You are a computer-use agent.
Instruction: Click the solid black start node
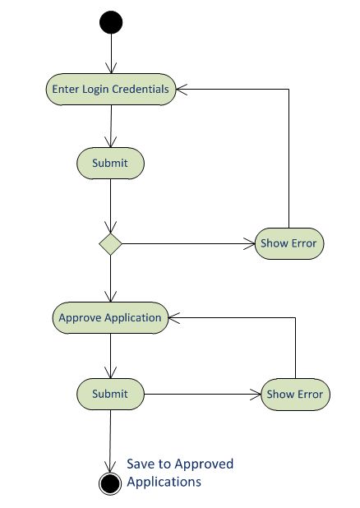tap(110, 22)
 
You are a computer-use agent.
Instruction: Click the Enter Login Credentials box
tap(110, 89)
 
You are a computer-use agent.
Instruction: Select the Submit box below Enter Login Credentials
tap(110, 163)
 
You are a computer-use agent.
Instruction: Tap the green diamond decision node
tap(110, 243)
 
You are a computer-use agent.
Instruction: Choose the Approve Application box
tap(110, 317)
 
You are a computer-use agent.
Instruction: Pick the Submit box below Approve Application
tap(110, 394)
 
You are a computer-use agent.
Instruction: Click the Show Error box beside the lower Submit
tap(295, 394)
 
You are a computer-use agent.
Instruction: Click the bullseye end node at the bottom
tap(110, 483)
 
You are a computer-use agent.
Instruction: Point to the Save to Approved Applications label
tap(180, 473)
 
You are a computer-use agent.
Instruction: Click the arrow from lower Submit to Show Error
tap(201, 394)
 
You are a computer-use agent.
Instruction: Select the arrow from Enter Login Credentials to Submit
tap(110, 125)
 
